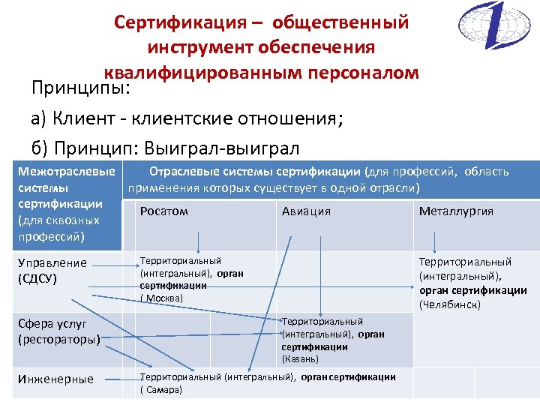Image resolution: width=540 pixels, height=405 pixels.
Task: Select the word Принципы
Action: tap(81, 89)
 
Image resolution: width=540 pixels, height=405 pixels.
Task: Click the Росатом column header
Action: tap(163, 211)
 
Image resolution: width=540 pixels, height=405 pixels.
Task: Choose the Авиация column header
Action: tap(306, 211)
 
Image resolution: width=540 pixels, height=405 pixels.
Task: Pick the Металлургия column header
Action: tap(456, 211)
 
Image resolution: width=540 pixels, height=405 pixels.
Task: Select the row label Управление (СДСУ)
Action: tap(52, 271)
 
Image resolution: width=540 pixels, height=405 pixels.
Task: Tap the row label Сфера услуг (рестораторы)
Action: tap(61, 331)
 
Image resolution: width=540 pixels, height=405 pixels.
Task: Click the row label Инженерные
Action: tap(55, 379)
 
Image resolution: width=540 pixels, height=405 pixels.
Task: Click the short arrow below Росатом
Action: tap(198, 241)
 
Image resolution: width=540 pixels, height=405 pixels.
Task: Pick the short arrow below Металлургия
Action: tap(434, 241)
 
